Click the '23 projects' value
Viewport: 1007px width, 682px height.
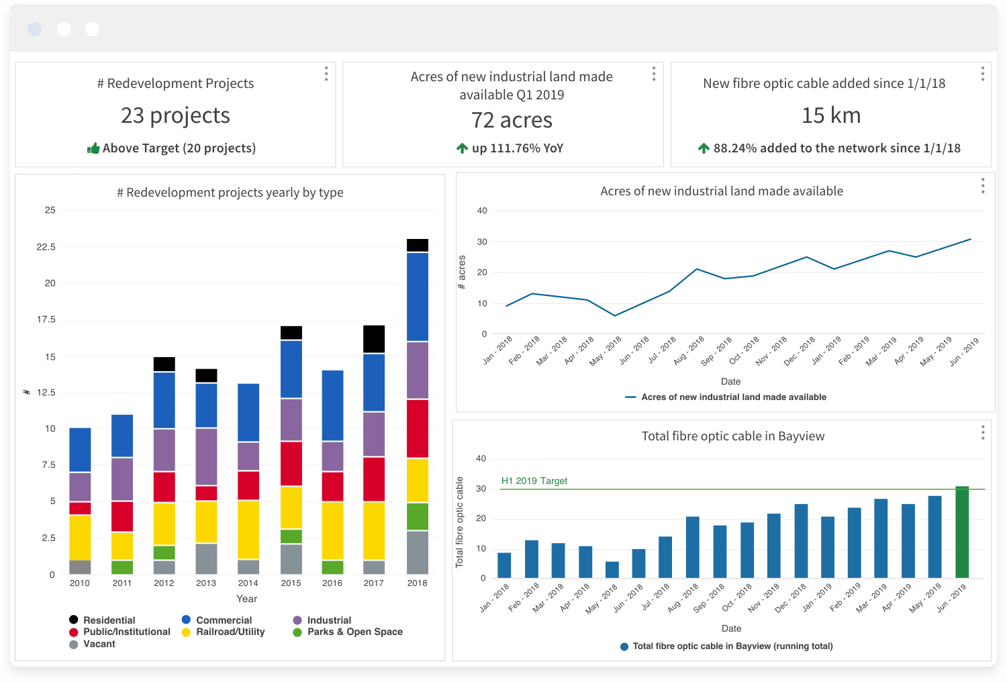[x=175, y=115]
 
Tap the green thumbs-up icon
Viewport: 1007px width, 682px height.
[x=93, y=148]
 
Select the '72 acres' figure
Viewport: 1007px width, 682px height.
[x=512, y=120]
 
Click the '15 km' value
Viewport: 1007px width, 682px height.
[x=831, y=115]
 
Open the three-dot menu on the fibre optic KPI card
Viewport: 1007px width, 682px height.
[x=983, y=74]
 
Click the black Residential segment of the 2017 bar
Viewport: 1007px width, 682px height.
[x=374, y=339]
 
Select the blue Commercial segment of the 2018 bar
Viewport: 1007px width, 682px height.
[x=418, y=297]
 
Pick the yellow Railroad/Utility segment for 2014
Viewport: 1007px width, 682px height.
[x=248, y=529]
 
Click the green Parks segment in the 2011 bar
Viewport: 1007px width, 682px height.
[x=122, y=567]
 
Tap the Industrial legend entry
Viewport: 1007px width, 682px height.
[x=328, y=620]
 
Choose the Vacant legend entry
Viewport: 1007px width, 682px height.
[x=99, y=644]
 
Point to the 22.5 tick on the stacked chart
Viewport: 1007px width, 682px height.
[x=46, y=247]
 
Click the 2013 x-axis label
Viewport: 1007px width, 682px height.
[x=206, y=583]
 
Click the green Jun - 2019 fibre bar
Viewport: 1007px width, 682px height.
[x=962, y=532]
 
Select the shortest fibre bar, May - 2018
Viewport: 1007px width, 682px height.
[x=612, y=570]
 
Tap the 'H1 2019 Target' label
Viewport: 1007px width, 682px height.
[x=534, y=481]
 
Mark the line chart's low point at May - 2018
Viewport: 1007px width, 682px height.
[x=615, y=315]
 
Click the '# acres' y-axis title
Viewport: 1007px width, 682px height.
[x=462, y=273]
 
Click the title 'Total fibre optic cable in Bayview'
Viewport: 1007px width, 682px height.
[x=733, y=436]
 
